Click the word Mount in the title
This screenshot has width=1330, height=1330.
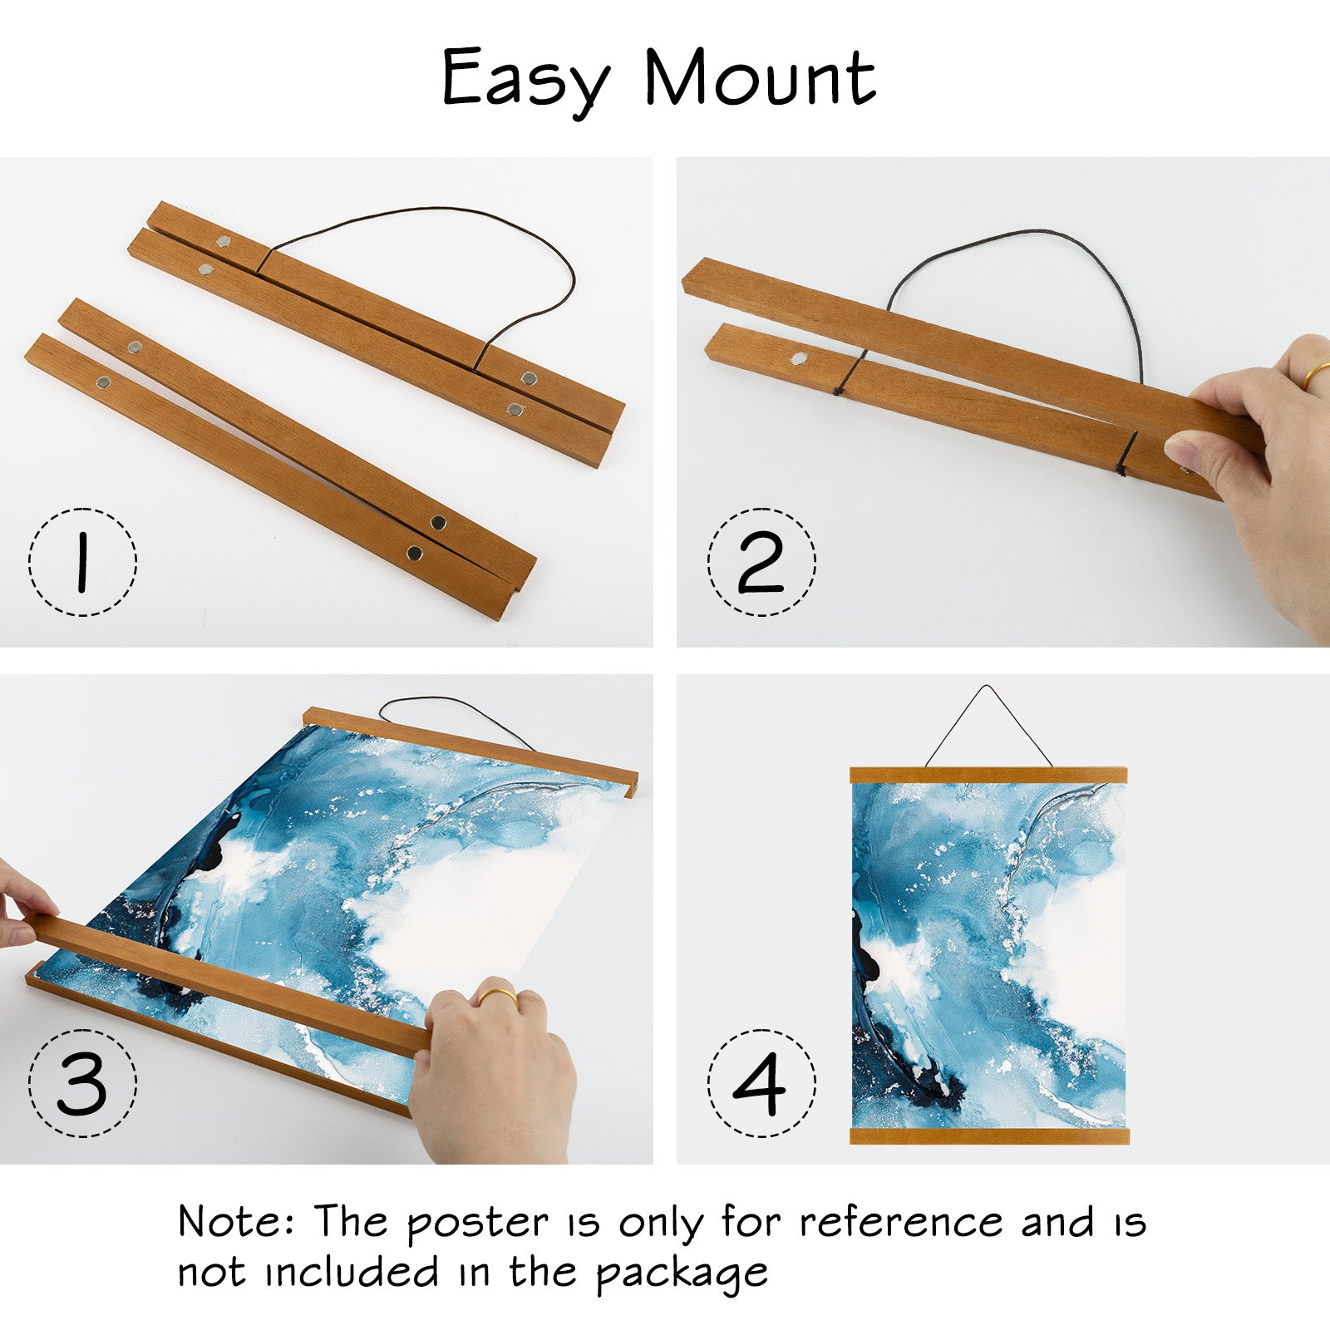(760, 78)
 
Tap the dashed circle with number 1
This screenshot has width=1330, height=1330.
(82, 562)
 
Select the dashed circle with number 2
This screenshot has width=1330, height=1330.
(761, 562)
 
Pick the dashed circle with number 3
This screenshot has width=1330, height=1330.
(82, 1083)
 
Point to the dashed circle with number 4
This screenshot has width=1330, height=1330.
(761, 1083)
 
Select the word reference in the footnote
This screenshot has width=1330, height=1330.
(901, 1222)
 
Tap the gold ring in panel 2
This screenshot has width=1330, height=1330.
(1317, 375)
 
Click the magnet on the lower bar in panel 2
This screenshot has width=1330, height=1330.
(800, 358)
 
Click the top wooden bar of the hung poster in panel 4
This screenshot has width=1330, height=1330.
(988, 776)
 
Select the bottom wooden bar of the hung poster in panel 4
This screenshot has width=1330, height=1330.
(989, 1136)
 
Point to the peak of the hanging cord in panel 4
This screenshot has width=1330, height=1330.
(986, 687)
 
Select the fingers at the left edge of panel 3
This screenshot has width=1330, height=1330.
(21, 906)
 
